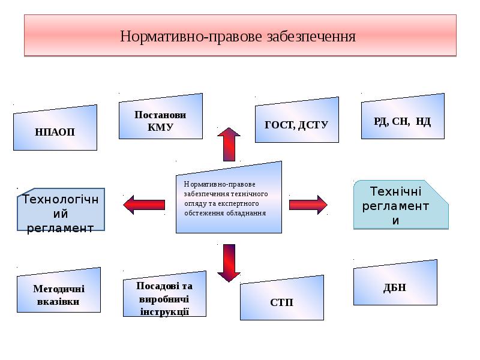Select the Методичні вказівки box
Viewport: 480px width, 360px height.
[x=58, y=294]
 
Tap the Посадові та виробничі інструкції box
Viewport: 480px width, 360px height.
[x=164, y=298]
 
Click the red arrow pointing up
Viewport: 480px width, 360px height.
[x=229, y=143]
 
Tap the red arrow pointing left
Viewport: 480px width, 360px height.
[x=143, y=205]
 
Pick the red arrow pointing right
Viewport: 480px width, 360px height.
[x=308, y=205]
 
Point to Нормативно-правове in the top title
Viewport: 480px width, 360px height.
[x=191, y=37]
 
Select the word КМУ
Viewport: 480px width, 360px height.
[x=160, y=127]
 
